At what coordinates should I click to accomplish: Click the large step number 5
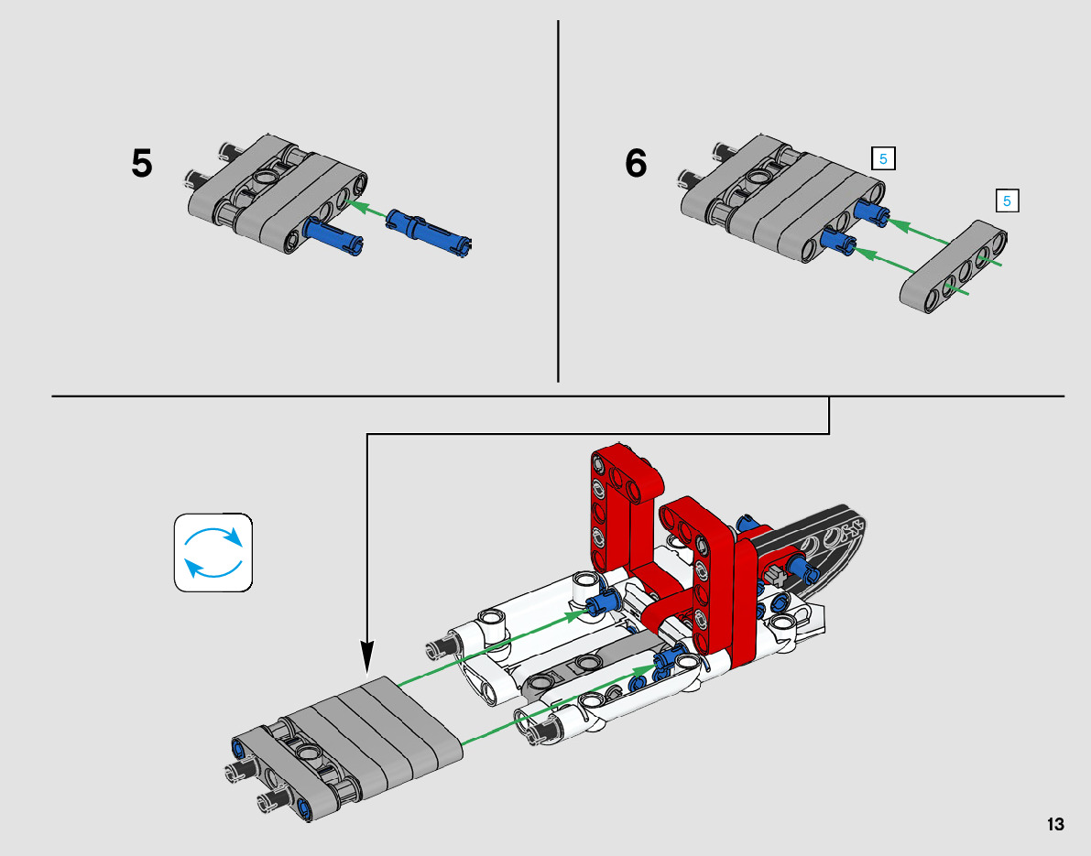tap(141, 164)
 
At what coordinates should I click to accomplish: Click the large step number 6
tap(636, 164)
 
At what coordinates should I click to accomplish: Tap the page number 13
tap(1055, 824)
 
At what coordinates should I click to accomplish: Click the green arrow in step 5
tap(366, 210)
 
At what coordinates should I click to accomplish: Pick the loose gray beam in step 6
tap(954, 267)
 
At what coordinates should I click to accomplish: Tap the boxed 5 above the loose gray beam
tap(1007, 201)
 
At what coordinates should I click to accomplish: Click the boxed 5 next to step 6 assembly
tap(883, 159)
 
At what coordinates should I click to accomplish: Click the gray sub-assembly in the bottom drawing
tap(346, 748)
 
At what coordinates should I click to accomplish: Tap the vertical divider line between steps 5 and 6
tap(558, 201)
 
